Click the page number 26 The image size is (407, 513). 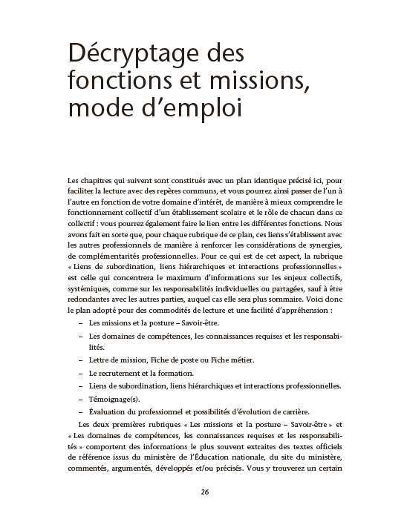click(203, 492)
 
